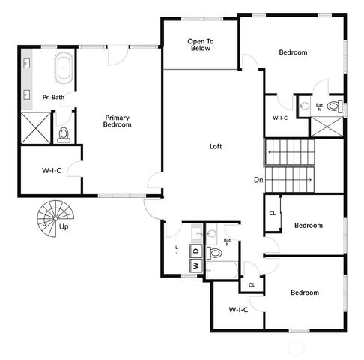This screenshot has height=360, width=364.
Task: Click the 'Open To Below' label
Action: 199,44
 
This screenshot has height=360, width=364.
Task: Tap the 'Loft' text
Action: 216,146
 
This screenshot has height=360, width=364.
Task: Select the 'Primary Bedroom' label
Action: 118,121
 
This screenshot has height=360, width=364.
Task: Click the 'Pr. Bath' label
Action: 52,97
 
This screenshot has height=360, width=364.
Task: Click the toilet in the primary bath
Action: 64,133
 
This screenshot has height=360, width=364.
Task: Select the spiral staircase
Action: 52,217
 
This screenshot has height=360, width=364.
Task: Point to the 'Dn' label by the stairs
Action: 258,179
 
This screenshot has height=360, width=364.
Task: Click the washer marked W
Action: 195,265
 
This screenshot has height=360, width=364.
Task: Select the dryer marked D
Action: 195,250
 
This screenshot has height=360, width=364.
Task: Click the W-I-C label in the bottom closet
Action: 238,309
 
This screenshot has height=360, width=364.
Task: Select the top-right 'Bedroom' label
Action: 293,52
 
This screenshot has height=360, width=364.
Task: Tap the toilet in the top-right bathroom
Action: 335,105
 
